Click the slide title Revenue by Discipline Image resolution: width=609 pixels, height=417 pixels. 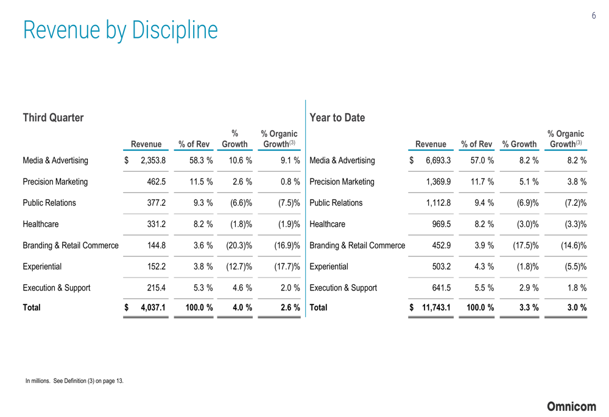(120, 30)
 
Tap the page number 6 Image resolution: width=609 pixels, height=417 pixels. (594, 16)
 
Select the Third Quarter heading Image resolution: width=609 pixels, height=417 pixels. (53, 117)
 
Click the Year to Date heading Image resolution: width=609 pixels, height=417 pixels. (337, 117)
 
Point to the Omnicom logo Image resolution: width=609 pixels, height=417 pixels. (571, 406)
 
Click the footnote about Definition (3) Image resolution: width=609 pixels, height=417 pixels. (74, 381)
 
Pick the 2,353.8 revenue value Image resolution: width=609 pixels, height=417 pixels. (153, 161)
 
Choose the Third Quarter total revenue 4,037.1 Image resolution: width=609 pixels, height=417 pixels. (152, 307)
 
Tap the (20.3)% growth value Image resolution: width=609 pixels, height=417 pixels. (236, 245)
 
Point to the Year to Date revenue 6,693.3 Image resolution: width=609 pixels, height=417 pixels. (435, 161)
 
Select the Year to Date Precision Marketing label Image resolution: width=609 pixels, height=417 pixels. (342, 182)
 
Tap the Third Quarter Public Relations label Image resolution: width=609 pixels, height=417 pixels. (49, 203)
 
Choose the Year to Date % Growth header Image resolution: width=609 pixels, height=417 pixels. (519, 144)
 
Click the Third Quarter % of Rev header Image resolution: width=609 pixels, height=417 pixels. (194, 144)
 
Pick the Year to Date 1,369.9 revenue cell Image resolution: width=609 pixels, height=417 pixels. (435, 182)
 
